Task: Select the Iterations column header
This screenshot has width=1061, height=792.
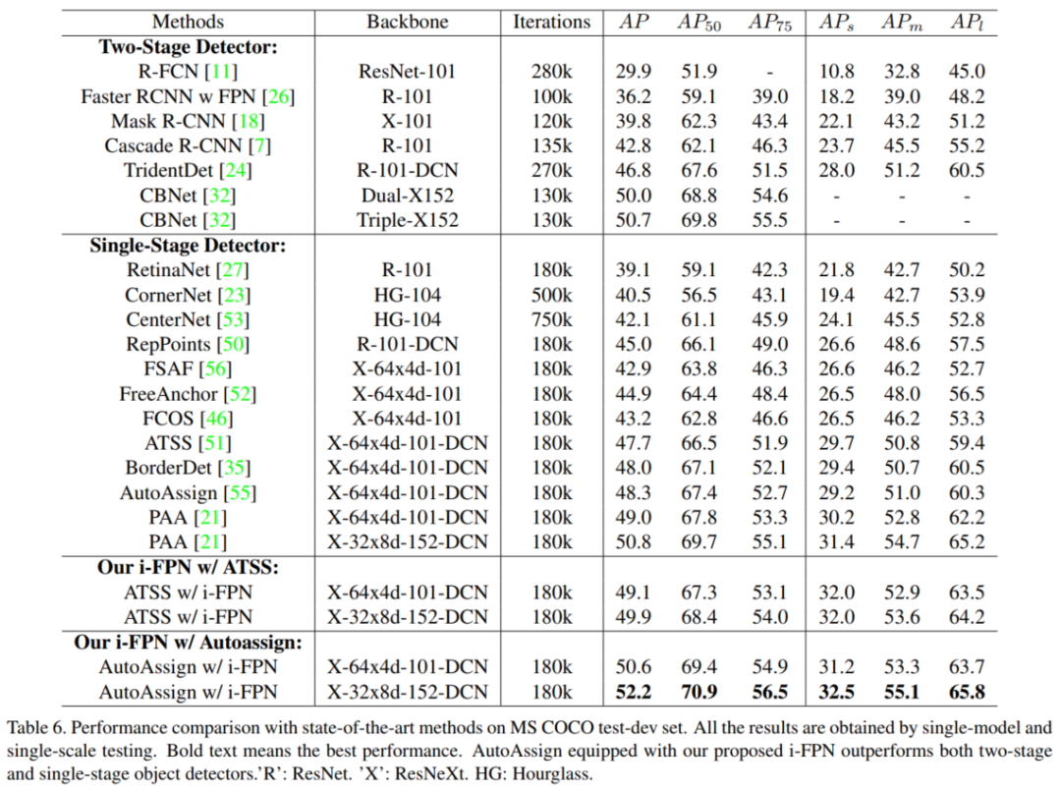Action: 552,22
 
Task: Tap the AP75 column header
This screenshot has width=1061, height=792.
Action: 769,22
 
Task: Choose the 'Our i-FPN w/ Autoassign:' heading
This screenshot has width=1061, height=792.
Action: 188,642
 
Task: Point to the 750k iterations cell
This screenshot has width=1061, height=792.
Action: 550,319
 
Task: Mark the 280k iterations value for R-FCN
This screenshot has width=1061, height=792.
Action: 550,72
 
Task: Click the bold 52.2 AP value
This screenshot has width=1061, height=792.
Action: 634,692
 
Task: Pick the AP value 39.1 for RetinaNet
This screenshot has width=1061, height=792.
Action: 634,270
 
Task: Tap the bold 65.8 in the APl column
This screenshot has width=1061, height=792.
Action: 967,692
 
